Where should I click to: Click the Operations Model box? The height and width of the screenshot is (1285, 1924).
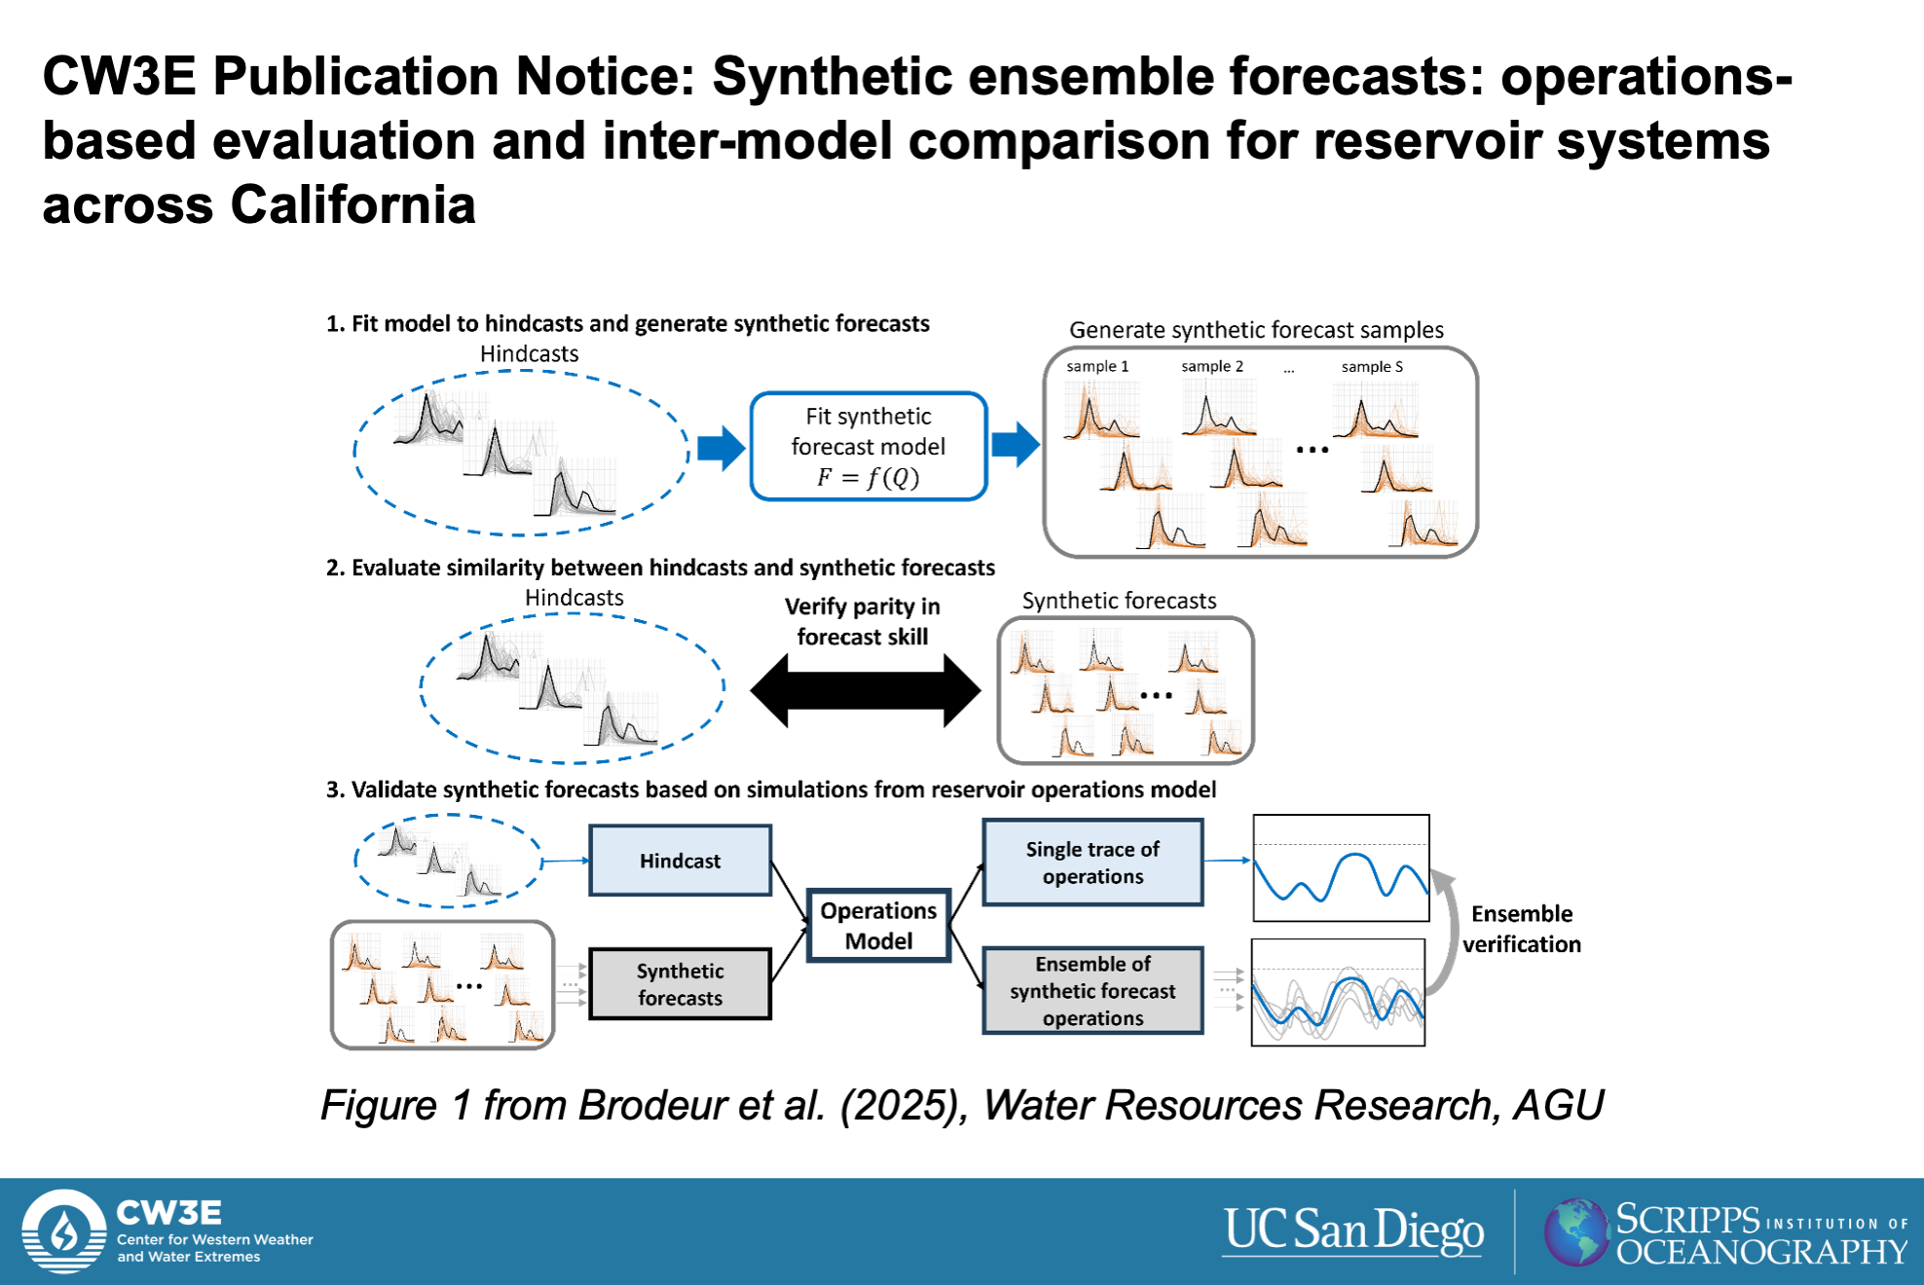[x=878, y=926]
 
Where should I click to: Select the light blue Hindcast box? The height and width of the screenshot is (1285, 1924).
[x=681, y=861]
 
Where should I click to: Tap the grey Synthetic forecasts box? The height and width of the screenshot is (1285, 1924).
[x=681, y=984]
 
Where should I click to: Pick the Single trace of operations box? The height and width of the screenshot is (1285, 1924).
[x=1092, y=863]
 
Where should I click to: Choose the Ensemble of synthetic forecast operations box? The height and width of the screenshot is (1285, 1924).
[x=1092, y=990]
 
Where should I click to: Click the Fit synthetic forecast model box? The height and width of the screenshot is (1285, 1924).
[x=869, y=447]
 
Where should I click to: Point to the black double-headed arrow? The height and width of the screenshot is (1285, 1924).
[x=866, y=691]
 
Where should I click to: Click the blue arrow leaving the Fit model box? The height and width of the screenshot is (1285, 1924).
[x=1016, y=446]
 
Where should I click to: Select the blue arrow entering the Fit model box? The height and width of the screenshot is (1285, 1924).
[x=721, y=448]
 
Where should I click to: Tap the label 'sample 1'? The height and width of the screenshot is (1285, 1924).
[x=1097, y=366]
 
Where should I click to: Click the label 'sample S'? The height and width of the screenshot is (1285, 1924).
[x=1372, y=366]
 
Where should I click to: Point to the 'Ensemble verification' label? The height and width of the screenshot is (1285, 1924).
[x=1522, y=929]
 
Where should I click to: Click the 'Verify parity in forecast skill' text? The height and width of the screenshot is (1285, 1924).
[x=863, y=621]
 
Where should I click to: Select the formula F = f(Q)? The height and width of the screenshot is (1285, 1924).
[x=868, y=477]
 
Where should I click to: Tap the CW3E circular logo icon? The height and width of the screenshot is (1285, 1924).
[x=64, y=1231]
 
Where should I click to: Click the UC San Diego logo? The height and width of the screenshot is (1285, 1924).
[x=1353, y=1230]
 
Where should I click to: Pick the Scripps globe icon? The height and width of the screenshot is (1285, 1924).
[x=1576, y=1231]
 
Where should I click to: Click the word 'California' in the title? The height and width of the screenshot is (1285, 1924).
[x=352, y=205]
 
